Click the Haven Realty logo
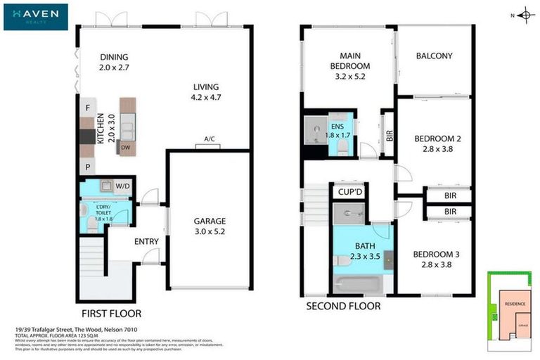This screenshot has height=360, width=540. (35, 17)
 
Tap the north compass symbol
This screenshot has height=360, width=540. (525, 15)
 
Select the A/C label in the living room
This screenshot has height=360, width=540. (210, 139)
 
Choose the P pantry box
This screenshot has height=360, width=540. (87, 167)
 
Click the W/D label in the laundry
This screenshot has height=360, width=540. (122, 186)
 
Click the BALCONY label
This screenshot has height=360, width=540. (434, 56)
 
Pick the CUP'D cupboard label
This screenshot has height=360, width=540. (349, 192)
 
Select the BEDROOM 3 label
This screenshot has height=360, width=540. (432, 254)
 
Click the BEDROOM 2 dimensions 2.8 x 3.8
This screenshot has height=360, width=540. (432, 148)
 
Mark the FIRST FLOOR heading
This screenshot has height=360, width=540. (111, 313)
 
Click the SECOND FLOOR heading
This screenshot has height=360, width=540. (343, 306)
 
